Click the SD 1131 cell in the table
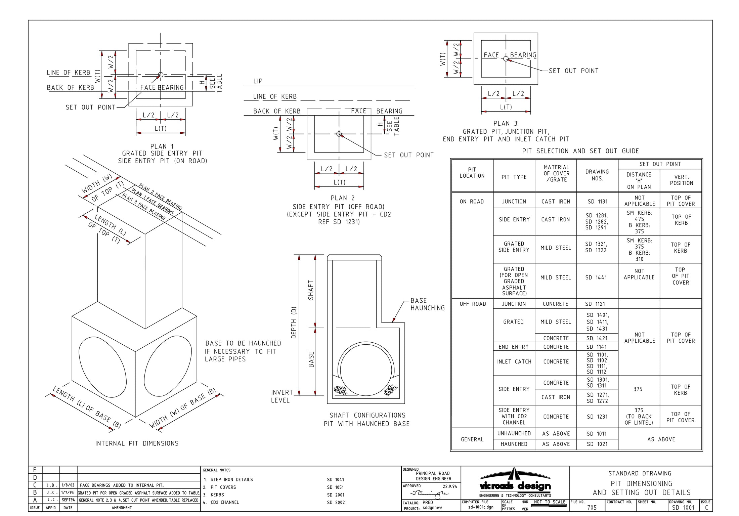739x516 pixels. tap(598, 202)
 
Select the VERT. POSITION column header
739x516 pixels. tap(681, 180)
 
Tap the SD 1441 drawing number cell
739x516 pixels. tap(596, 277)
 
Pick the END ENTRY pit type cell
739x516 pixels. tap(514, 347)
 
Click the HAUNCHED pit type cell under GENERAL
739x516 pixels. tap(514, 444)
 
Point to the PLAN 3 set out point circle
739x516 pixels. tap(506, 59)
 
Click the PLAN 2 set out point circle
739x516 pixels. tap(339, 134)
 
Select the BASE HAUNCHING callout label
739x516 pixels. tap(427, 304)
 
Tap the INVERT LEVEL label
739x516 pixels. tap(281, 396)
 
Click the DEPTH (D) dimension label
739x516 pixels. tap(294, 322)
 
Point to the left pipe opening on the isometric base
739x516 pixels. tap(102, 367)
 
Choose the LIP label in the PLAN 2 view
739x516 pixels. tap(258, 81)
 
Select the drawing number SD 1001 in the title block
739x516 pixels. tap(683, 508)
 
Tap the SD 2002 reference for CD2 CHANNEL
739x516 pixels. tap(335, 503)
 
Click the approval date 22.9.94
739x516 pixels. tap(450, 486)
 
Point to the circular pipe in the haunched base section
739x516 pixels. tap(366, 370)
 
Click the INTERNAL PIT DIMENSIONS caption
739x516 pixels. tap(137, 443)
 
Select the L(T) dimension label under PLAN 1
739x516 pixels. tap(161, 129)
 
